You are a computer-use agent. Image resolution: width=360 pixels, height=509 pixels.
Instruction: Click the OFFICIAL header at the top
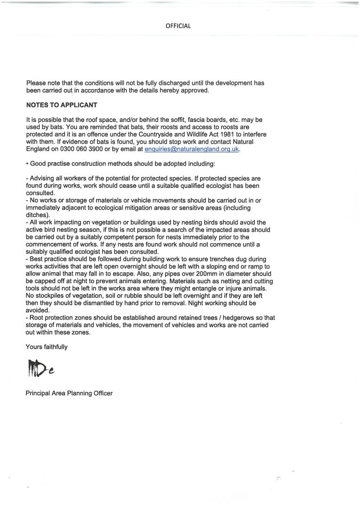178,26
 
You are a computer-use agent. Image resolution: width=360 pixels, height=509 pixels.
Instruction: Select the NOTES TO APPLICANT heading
61,105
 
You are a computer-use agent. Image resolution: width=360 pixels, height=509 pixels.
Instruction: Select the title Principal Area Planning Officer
69,393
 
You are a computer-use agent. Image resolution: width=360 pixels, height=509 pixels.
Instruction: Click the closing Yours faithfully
47,347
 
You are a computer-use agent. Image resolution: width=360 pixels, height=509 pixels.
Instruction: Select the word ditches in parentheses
38,215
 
